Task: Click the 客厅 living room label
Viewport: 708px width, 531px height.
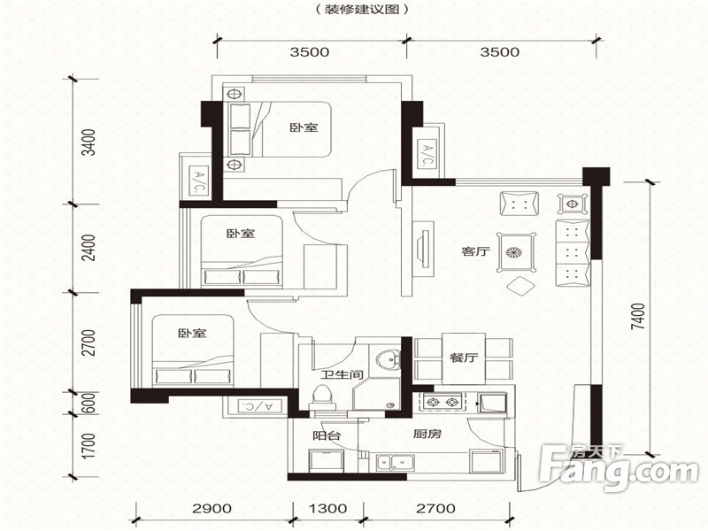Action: (x=476, y=251)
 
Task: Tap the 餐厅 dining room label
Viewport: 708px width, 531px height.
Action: (x=464, y=358)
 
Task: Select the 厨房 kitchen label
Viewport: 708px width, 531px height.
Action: (x=427, y=435)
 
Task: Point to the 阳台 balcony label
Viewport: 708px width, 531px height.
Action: (x=327, y=436)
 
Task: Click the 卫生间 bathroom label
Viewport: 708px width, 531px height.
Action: (x=342, y=374)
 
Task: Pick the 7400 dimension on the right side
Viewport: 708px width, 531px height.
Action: (x=638, y=317)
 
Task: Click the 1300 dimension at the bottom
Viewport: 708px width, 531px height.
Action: (x=328, y=508)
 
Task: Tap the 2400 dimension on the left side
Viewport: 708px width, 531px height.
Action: (x=91, y=247)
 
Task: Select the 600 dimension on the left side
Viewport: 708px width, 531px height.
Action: (x=90, y=403)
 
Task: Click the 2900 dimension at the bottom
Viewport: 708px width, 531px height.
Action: (x=212, y=508)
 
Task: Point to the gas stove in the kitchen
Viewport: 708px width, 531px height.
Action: (x=442, y=402)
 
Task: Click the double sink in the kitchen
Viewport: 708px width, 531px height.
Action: (x=395, y=463)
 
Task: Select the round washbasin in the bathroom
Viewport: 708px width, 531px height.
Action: (x=388, y=361)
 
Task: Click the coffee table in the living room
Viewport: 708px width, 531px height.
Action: (x=516, y=252)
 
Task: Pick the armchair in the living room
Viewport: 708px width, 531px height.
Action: (x=519, y=204)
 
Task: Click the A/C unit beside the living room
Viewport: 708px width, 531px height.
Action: (x=427, y=155)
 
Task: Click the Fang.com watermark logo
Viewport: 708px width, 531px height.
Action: (x=619, y=468)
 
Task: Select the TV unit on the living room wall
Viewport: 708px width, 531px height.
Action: (x=423, y=250)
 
